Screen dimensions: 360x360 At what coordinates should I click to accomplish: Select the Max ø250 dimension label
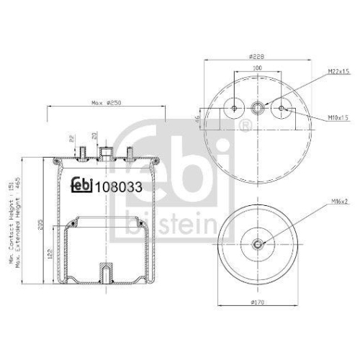click(x=105, y=102)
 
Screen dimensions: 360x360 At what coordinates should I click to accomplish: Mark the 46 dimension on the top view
click(x=197, y=120)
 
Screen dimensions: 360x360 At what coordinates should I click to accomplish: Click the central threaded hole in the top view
click(x=258, y=109)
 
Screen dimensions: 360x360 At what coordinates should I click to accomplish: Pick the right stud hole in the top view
click(x=282, y=109)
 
